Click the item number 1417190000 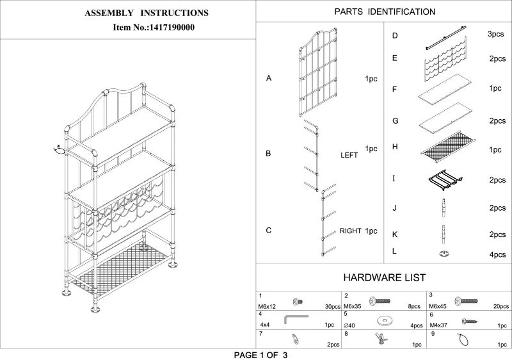point(154,28)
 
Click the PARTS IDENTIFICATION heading point(385,12)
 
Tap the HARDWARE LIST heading point(385,277)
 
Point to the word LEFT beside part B point(349,155)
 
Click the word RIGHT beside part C point(350,231)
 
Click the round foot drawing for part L point(443,254)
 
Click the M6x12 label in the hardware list point(266,307)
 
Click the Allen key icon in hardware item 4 point(296,318)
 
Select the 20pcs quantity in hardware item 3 point(501,307)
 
